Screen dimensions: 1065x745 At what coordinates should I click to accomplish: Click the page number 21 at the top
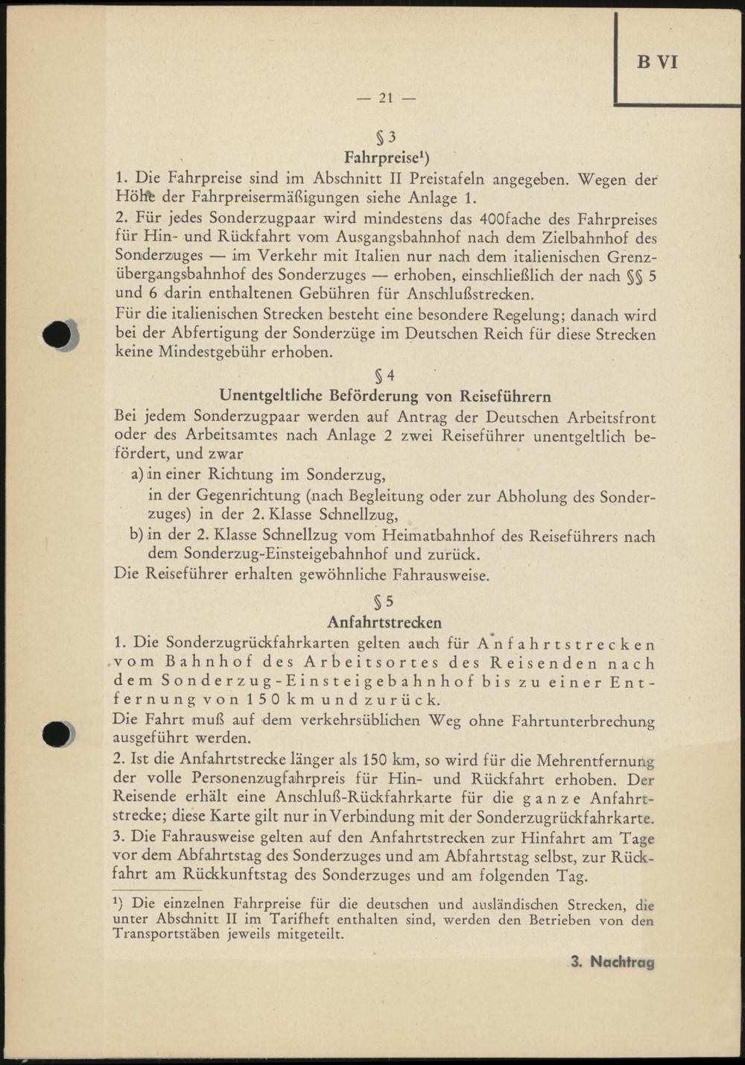pos(386,98)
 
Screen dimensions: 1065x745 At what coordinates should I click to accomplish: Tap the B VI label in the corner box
pos(657,62)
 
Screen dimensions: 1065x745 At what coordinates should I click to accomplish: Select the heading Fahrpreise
pos(386,157)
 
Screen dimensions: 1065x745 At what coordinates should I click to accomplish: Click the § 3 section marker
pos(386,137)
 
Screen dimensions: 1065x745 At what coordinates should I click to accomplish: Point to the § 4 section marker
pos(386,376)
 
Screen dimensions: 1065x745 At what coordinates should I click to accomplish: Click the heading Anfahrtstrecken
pos(384,622)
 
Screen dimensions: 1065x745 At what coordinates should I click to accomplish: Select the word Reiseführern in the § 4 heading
pos(506,396)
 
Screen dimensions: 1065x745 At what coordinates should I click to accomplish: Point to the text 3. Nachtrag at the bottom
pos(612,961)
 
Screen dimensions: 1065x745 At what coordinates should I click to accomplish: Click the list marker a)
pos(137,475)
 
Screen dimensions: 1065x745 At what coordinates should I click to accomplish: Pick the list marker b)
pos(137,535)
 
